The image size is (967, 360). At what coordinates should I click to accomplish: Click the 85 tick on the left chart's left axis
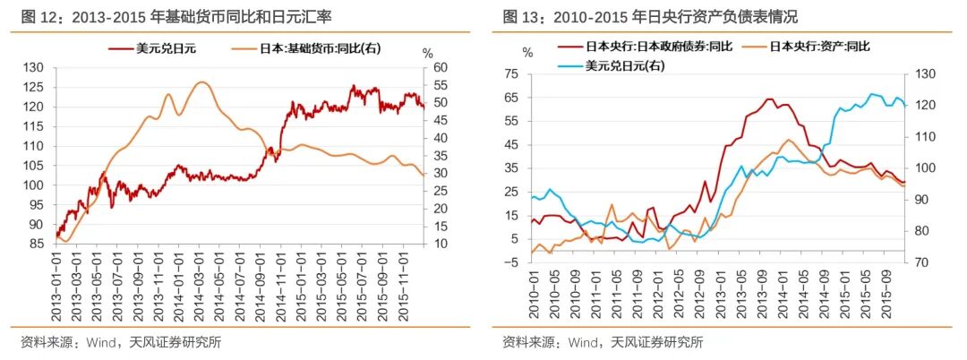(x=36, y=244)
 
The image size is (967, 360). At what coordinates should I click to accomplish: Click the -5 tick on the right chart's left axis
(x=511, y=261)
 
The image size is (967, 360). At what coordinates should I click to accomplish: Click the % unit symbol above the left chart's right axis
(x=427, y=53)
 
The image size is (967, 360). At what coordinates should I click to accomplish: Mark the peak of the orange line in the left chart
(x=201, y=82)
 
